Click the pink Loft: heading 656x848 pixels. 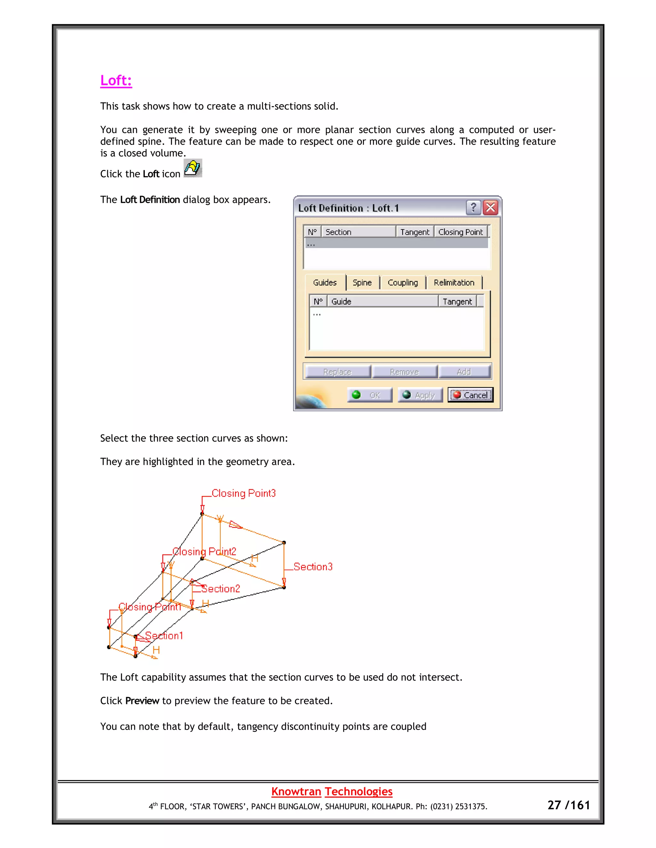116,80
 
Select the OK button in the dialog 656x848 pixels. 369,395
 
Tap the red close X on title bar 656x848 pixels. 490,208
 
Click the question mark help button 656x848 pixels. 473,208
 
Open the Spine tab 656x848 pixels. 362,283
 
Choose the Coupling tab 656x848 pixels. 403,283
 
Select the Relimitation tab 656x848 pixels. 454,283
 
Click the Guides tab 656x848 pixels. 325,283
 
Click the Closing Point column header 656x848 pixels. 461,232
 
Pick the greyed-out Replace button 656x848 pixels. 337,372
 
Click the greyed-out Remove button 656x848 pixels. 405,372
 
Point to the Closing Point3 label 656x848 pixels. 243,493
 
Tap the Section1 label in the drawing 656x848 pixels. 164,636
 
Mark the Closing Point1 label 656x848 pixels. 150,607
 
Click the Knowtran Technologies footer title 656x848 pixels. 332,791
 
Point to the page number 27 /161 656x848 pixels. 569,805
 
